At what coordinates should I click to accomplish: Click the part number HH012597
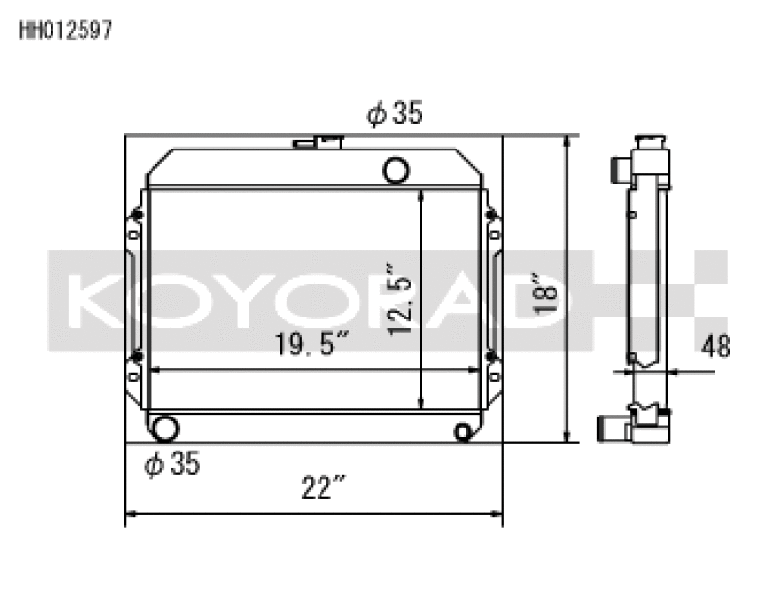65,30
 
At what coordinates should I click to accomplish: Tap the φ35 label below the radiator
172,465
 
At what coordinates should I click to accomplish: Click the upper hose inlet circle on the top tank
396,170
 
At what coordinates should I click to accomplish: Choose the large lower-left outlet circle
165,427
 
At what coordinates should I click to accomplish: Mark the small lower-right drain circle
463,432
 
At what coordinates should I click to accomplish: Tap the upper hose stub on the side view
618,172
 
